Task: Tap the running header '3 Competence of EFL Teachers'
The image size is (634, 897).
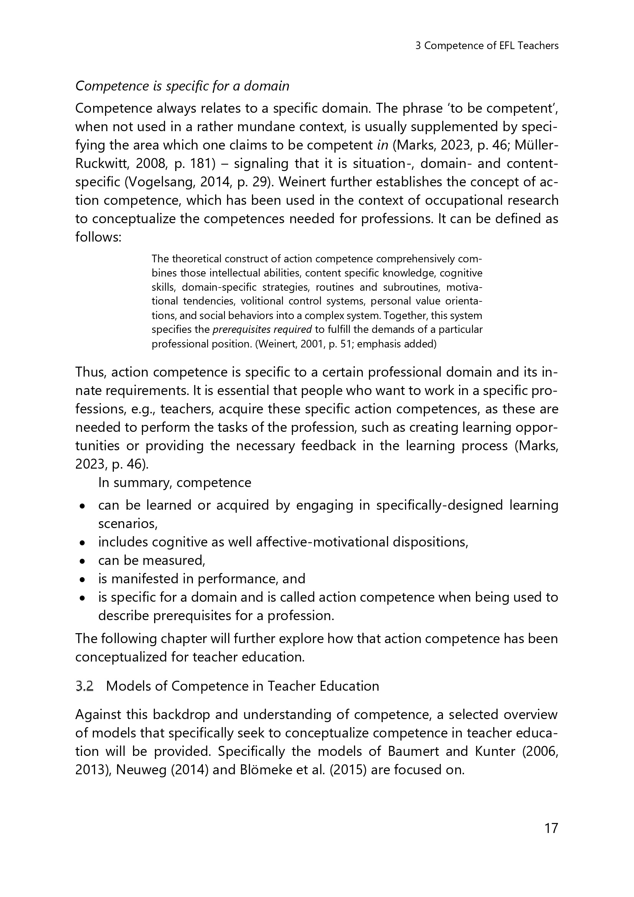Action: [487, 46]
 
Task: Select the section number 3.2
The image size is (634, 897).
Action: [84, 686]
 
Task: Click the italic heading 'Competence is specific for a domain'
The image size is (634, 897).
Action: [182, 86]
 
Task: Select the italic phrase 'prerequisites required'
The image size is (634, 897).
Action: [262, 329]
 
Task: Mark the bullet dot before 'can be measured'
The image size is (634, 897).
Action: [82, 561]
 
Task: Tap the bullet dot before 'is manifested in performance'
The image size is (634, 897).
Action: [82, 580]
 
